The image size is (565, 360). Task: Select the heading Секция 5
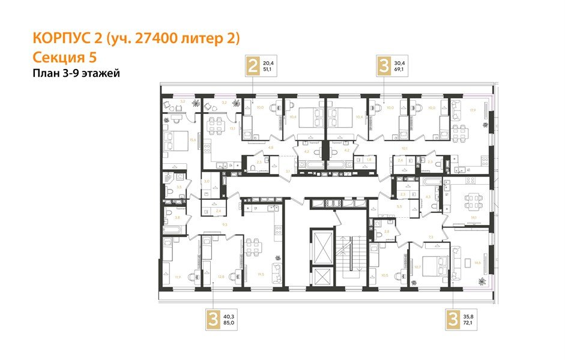pos(63,58)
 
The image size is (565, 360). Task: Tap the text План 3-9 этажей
pos(76,74)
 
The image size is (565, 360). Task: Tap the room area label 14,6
pos(477,262)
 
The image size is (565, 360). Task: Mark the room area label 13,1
pos(232,128)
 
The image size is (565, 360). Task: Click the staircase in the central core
pos(348,255)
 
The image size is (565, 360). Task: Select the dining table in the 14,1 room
pos(469,199)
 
